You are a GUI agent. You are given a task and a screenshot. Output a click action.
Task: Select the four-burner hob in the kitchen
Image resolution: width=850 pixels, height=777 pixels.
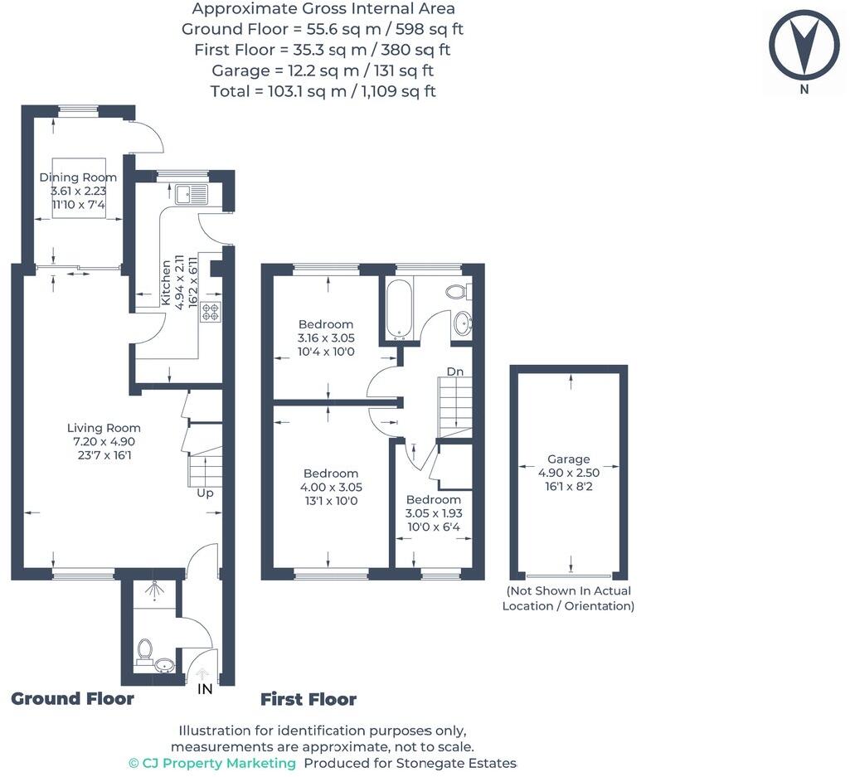coord(210,312)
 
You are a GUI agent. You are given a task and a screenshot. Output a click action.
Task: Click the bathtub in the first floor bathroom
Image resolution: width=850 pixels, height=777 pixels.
coord(399,309)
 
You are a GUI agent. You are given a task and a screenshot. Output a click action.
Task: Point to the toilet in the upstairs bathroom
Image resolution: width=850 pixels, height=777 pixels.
coord(457,291)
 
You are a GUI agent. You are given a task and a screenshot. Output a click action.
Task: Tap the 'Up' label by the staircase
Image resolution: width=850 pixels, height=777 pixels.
coord(205,493)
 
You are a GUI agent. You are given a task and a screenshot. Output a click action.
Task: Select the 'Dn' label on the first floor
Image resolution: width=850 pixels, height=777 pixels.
coord(454,372)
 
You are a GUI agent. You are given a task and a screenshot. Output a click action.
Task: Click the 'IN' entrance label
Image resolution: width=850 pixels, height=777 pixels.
coord(205,689)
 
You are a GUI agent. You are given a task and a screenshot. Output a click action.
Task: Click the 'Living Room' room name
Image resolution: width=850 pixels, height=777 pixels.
coord(104,428)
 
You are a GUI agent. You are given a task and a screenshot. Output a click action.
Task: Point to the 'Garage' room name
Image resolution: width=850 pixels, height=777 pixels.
coord(568,459)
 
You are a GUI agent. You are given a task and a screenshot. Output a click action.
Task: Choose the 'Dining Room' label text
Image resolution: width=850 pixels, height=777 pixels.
coord(78,177)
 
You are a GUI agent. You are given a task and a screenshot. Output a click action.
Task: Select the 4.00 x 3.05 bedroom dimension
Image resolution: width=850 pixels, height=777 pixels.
coord(331,488)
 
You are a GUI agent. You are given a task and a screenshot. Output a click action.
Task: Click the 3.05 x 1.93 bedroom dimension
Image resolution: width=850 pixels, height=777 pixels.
coord(433,514)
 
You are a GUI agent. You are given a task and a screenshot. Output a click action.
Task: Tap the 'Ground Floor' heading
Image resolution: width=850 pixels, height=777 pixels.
coord(72,698)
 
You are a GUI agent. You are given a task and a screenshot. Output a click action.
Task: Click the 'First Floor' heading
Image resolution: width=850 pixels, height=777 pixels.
coord(308,699)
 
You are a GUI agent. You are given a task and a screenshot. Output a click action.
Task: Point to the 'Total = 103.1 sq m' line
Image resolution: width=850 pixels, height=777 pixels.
coord(323,91)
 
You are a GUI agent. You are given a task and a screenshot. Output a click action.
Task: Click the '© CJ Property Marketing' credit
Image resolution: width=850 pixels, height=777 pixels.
coord(212,763)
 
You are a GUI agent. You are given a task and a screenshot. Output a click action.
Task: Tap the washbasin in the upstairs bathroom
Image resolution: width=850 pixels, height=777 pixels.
coord(462,323)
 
